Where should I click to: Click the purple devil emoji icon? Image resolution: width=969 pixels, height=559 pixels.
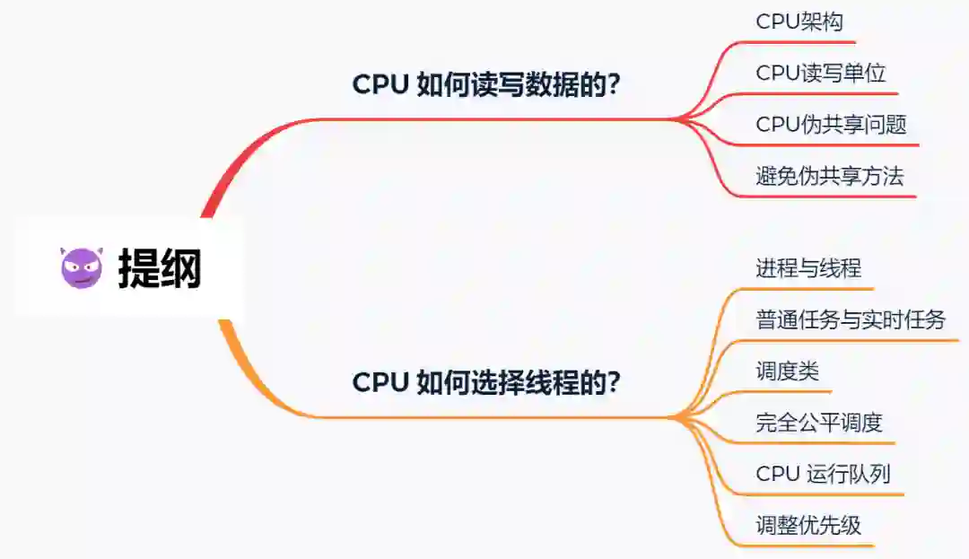pos(83,267)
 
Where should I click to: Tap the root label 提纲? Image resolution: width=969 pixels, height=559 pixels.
pos(160,268)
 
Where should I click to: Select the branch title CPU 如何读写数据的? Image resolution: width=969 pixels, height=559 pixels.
pos(487,85)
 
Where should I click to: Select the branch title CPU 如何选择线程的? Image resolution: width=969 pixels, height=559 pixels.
pos(487,382)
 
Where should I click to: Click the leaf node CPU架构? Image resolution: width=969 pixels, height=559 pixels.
pos(799,22)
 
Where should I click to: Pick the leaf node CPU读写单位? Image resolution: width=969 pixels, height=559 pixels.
pos(821,74)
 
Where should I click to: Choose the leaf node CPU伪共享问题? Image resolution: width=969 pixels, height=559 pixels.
pos(831,125)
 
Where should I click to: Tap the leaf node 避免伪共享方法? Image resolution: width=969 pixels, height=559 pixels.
pos(830,176)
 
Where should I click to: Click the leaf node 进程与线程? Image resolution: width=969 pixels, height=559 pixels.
pos(808,268)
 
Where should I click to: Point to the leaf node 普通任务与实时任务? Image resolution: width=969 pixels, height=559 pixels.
pos(851,319)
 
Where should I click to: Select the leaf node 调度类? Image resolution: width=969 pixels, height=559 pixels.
pos(787,371)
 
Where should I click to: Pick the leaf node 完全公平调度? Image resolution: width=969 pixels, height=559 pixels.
pos(819,422)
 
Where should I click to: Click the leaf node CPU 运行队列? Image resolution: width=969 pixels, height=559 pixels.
pos(823,473)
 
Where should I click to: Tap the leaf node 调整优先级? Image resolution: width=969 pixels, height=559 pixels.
pos(808,525)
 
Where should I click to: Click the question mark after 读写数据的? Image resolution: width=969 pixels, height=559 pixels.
pos(615,86)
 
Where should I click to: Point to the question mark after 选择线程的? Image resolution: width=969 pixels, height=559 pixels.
pos(615,383)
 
